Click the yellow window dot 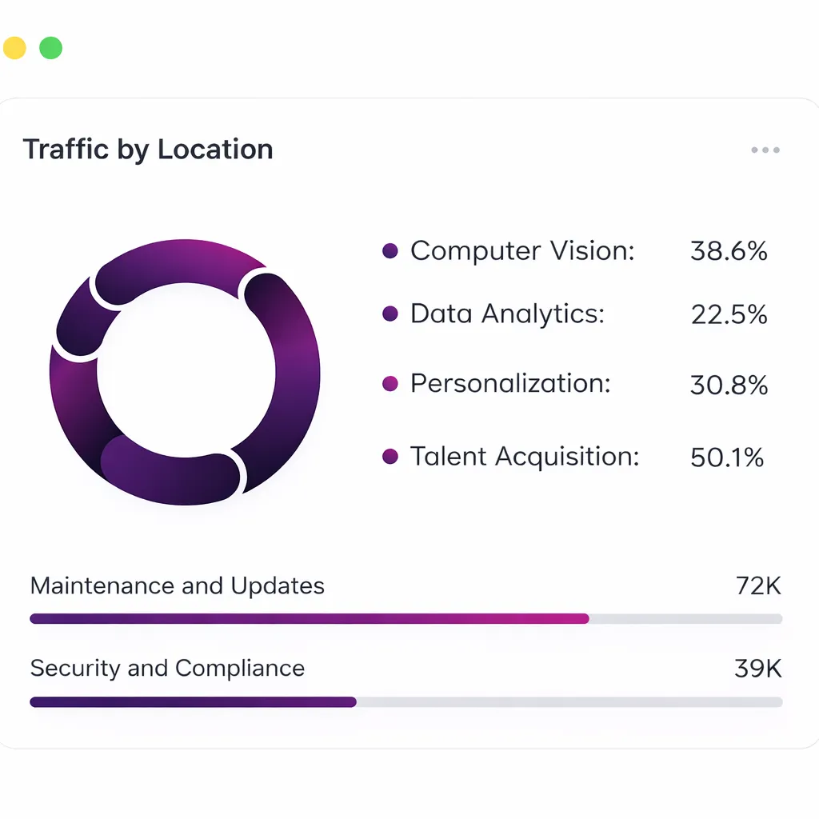pos(14,48)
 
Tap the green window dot pos(50,48)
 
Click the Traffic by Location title pos(148,150)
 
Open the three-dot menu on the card pos(765,150)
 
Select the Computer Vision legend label pos(522,250)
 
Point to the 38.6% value pos(729,251)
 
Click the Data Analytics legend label pos(507,314)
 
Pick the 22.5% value pos(729,314)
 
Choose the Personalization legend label pos(510,383)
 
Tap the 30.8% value pos(729,386)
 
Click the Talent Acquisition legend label pos(525,457)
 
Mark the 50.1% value pos(727,457)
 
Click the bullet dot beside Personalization pos(390,384)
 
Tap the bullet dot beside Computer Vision pos(390,251)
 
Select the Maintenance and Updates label pos(178,586)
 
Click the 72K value pos(757,586)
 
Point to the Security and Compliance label pos(167,669)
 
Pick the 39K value pos(757,669)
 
